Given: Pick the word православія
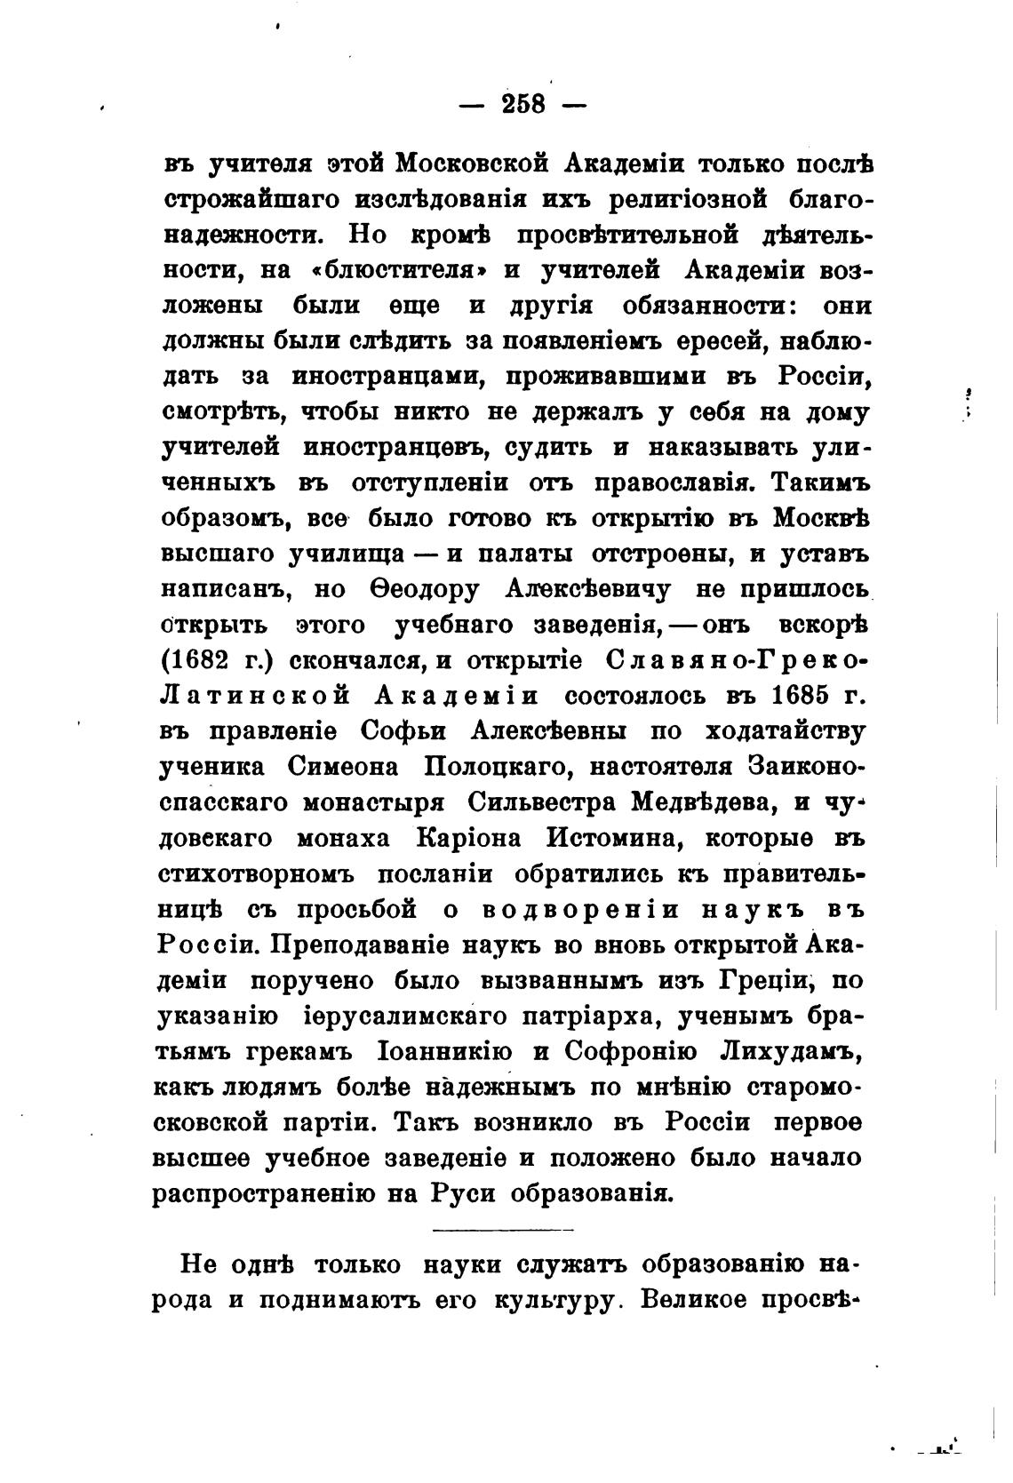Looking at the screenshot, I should [x=667, y=483].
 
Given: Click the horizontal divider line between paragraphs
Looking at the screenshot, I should [x=503, y=1230].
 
